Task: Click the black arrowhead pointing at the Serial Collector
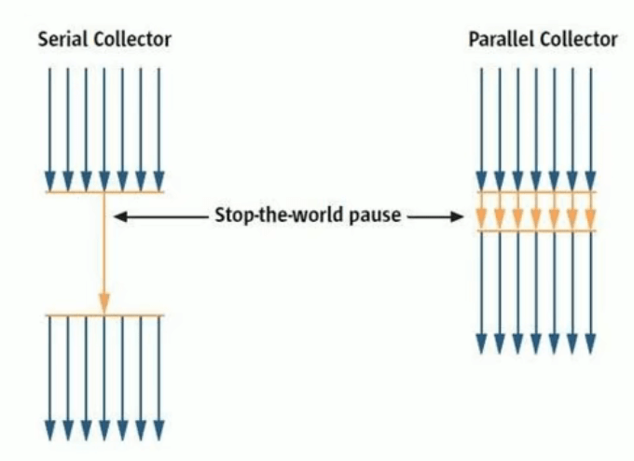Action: click(x=118, y=217)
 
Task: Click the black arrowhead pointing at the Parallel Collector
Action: click(x=458, y=217)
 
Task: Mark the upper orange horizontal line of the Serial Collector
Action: click(x=104, y=192)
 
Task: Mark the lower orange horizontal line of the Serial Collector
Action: click(x=104, y=315)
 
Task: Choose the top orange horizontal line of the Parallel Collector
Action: click(x=535, y=192)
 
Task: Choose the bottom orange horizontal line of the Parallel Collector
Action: click(x=535, y=230)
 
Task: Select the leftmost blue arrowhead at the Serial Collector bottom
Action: click(x=50, y=430)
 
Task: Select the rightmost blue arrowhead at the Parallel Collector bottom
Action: click(x=589, y=344)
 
